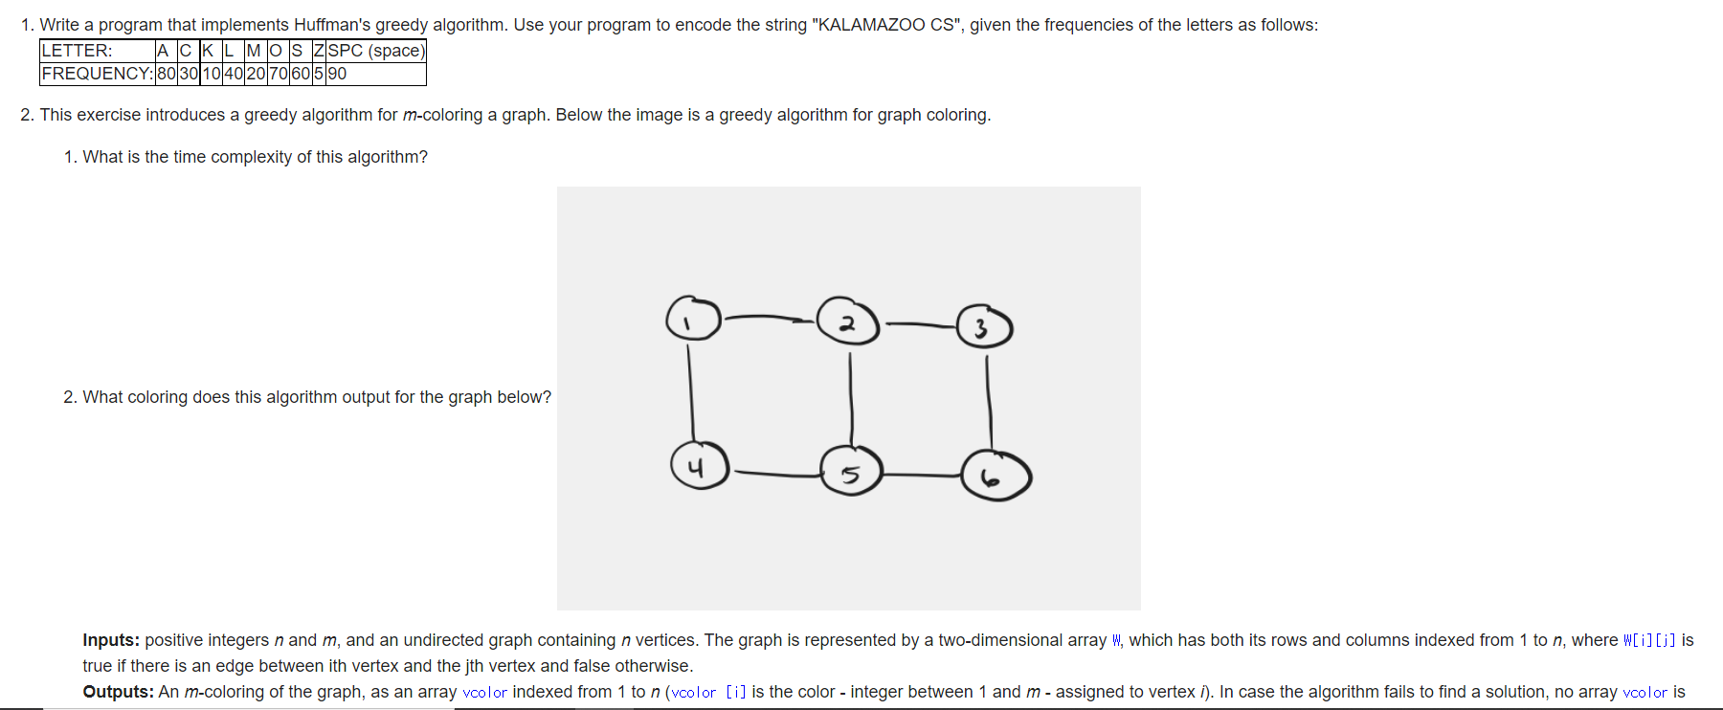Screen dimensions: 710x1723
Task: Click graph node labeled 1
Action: pyautogui.click(x=693, y=319)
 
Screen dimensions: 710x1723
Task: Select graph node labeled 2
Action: pyautogui.click(x=848, y=322)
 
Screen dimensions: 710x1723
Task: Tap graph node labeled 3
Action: pyautogui.click(x=984, y=327)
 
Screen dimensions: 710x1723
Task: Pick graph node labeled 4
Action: pyautogui.click(x=699, y=466)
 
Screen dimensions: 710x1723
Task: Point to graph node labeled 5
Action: pyautogui.click(x=851, y=472)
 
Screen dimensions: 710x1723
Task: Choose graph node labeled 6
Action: pyautogui.click(x=996, y=477)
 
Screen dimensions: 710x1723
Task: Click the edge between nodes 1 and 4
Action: pyautogui.click(x=690, y=392)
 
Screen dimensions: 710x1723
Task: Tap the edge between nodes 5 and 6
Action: pyautogui.click(x=921, y=475)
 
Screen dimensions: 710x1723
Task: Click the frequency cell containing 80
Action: pyautogui.click(x=166, y=74)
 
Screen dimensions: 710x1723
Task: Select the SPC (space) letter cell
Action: pyautogui.click(x=375, y=51)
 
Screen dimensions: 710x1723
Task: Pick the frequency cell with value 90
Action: pyautogui.click(x=337, y=74)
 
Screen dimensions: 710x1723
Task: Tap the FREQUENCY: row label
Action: pyautogui.click(x=97, y=74)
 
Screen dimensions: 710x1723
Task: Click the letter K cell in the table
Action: pyautogui.click(x=208, y=51)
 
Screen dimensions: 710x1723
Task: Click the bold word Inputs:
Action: pyautogui.click(x=111, y=640)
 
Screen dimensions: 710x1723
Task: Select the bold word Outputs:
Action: pyautogui.click(x=118, y=692)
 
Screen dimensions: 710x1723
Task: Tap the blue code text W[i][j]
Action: pyautogui.click(x=1649, y=640)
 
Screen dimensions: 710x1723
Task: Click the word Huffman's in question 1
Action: pyautogui.click(x=331, y=25)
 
